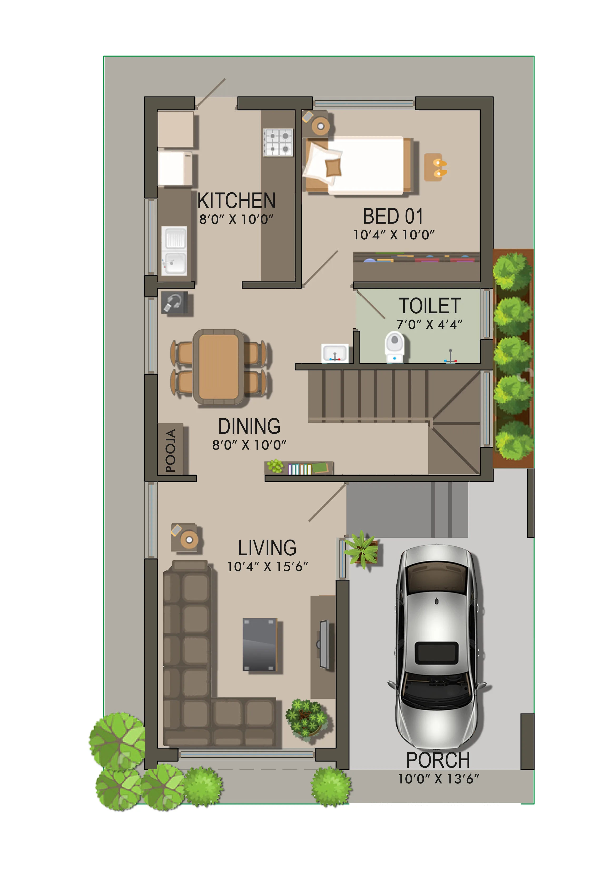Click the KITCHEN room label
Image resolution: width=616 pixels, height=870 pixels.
coord(236,200)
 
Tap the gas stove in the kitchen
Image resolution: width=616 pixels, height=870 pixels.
coord(278,143)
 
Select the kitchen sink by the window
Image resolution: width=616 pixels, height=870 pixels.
coord(174,250)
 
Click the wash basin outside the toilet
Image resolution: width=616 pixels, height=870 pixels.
coord(335,353)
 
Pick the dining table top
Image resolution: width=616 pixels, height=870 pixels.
coord(219,367)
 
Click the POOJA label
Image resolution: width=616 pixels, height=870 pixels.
coord(170,451)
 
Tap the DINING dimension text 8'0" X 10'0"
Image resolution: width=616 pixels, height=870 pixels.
coord(249,445)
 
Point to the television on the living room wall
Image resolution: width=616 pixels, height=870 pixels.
coord(324,645)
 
